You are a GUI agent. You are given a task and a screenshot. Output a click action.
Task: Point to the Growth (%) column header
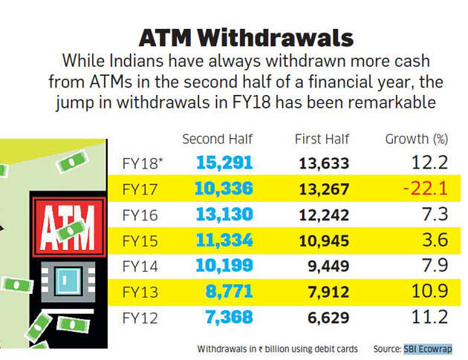point(417,139)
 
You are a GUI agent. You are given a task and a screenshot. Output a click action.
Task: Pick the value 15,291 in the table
point(225,163)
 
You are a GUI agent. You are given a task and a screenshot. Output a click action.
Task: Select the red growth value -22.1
point(425,189)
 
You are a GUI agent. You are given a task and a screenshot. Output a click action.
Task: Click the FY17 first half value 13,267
point(325,189)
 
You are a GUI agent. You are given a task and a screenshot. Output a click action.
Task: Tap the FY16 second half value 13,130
point(225,215)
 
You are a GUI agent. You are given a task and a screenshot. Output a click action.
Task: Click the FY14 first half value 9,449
point(330,267)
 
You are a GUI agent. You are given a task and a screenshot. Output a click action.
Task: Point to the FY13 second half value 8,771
point(230,292)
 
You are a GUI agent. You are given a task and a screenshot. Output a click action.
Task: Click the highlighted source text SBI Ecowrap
point(428,348)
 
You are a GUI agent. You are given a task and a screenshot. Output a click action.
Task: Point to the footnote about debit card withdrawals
point(278,348)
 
